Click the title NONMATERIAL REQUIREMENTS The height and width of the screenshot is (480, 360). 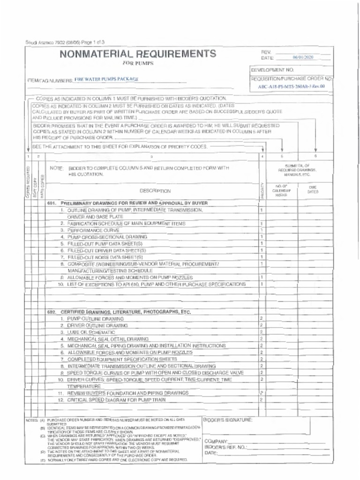click(137, 53)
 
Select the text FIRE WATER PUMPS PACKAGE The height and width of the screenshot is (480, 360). click(106, 79)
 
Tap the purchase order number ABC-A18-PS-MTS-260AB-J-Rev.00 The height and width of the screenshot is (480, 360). click(292, 86)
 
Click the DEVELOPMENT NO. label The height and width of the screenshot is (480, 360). click(272, 70)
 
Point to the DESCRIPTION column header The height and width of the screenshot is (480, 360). click(155, 191)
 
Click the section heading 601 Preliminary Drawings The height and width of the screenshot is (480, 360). click(127, 203)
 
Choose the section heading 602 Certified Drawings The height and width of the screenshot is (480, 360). click(119, 312)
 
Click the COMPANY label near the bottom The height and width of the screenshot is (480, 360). click(216, 442)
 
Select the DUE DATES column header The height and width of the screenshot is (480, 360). click(313, 189)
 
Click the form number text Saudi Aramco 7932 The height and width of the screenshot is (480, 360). click(46, 42)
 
